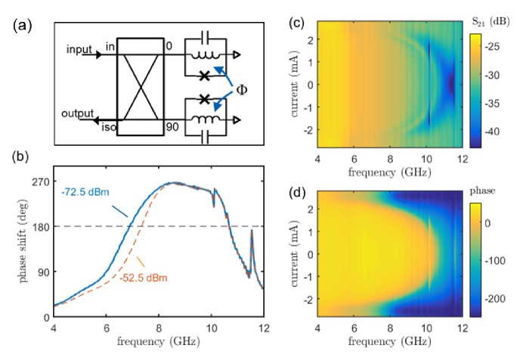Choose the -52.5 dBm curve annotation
[x=144, y=278]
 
